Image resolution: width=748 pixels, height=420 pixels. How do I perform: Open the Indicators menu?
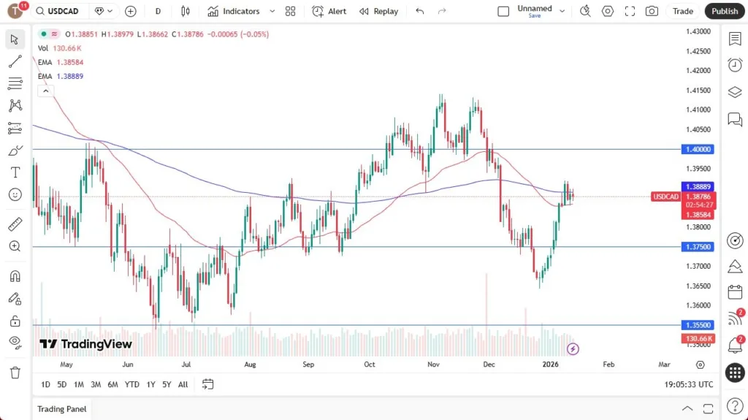click(234, 11)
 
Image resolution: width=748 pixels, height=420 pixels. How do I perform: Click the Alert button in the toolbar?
click(329, 11)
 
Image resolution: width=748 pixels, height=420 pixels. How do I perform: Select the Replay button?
click(379, 11)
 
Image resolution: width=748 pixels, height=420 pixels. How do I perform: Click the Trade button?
click(683, 11)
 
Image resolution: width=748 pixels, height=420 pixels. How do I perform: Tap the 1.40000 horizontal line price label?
click(698, 149)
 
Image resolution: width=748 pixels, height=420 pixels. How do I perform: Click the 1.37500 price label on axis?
click(698, 247)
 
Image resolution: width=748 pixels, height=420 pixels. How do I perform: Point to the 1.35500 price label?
click(698, 325)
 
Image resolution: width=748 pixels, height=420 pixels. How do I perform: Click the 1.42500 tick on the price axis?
click(698, 51)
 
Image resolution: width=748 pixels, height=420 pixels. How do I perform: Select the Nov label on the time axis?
click(433, 364)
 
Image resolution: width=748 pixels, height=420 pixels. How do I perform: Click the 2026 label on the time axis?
click(552, 364)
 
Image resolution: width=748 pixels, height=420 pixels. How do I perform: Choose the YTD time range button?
click(131, 384)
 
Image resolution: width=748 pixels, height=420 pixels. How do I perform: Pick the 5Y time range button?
click(167, 384)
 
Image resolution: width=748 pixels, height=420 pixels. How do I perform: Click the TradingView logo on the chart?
click(86, 344)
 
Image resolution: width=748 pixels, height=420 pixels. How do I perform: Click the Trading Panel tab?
click(62, 409)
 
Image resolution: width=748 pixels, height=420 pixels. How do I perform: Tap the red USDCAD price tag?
click(665, 196)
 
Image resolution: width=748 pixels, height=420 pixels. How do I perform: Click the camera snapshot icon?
click(652, 11)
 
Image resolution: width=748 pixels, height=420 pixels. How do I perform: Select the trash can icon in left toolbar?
click(15, 373)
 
